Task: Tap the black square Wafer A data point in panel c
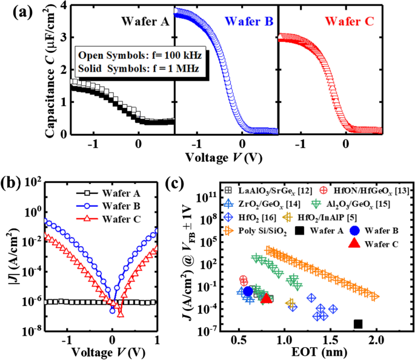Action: tap(358, 324)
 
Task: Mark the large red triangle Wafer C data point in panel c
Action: tap(266, 297)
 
